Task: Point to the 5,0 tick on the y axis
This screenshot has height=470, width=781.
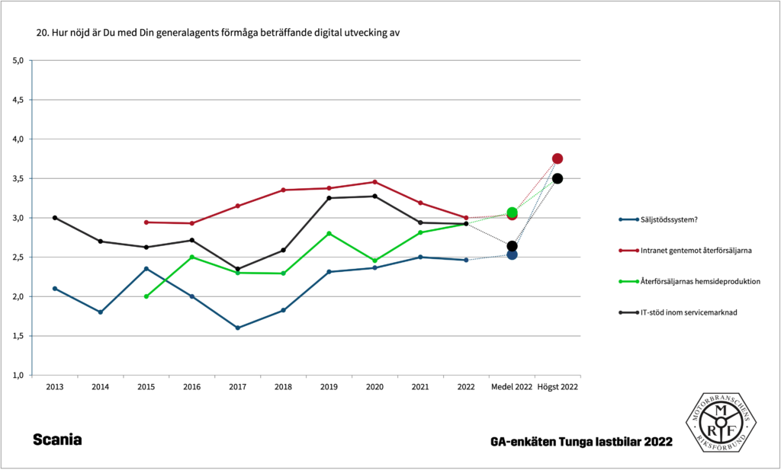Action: (19, 60)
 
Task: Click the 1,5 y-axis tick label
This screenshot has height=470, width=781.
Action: (19, 336)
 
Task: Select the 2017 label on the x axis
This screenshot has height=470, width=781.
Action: (237, 387)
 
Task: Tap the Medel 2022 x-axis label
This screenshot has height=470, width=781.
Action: (512, 387)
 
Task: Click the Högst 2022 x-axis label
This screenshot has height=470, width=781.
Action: (558, 387)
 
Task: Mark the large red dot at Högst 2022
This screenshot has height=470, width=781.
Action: (558, 158)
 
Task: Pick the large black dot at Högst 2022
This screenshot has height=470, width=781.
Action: (558, 178)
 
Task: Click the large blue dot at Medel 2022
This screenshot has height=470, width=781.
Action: (512, 254)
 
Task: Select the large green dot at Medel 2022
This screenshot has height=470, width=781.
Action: (512, 213)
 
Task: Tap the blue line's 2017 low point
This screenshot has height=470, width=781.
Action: (237, 328)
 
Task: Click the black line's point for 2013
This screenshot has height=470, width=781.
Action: (54, 218)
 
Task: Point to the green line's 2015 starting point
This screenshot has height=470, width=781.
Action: (146, 296)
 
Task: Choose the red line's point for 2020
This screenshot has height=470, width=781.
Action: (374, 182)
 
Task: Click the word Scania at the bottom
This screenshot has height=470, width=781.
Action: (57, 440)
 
